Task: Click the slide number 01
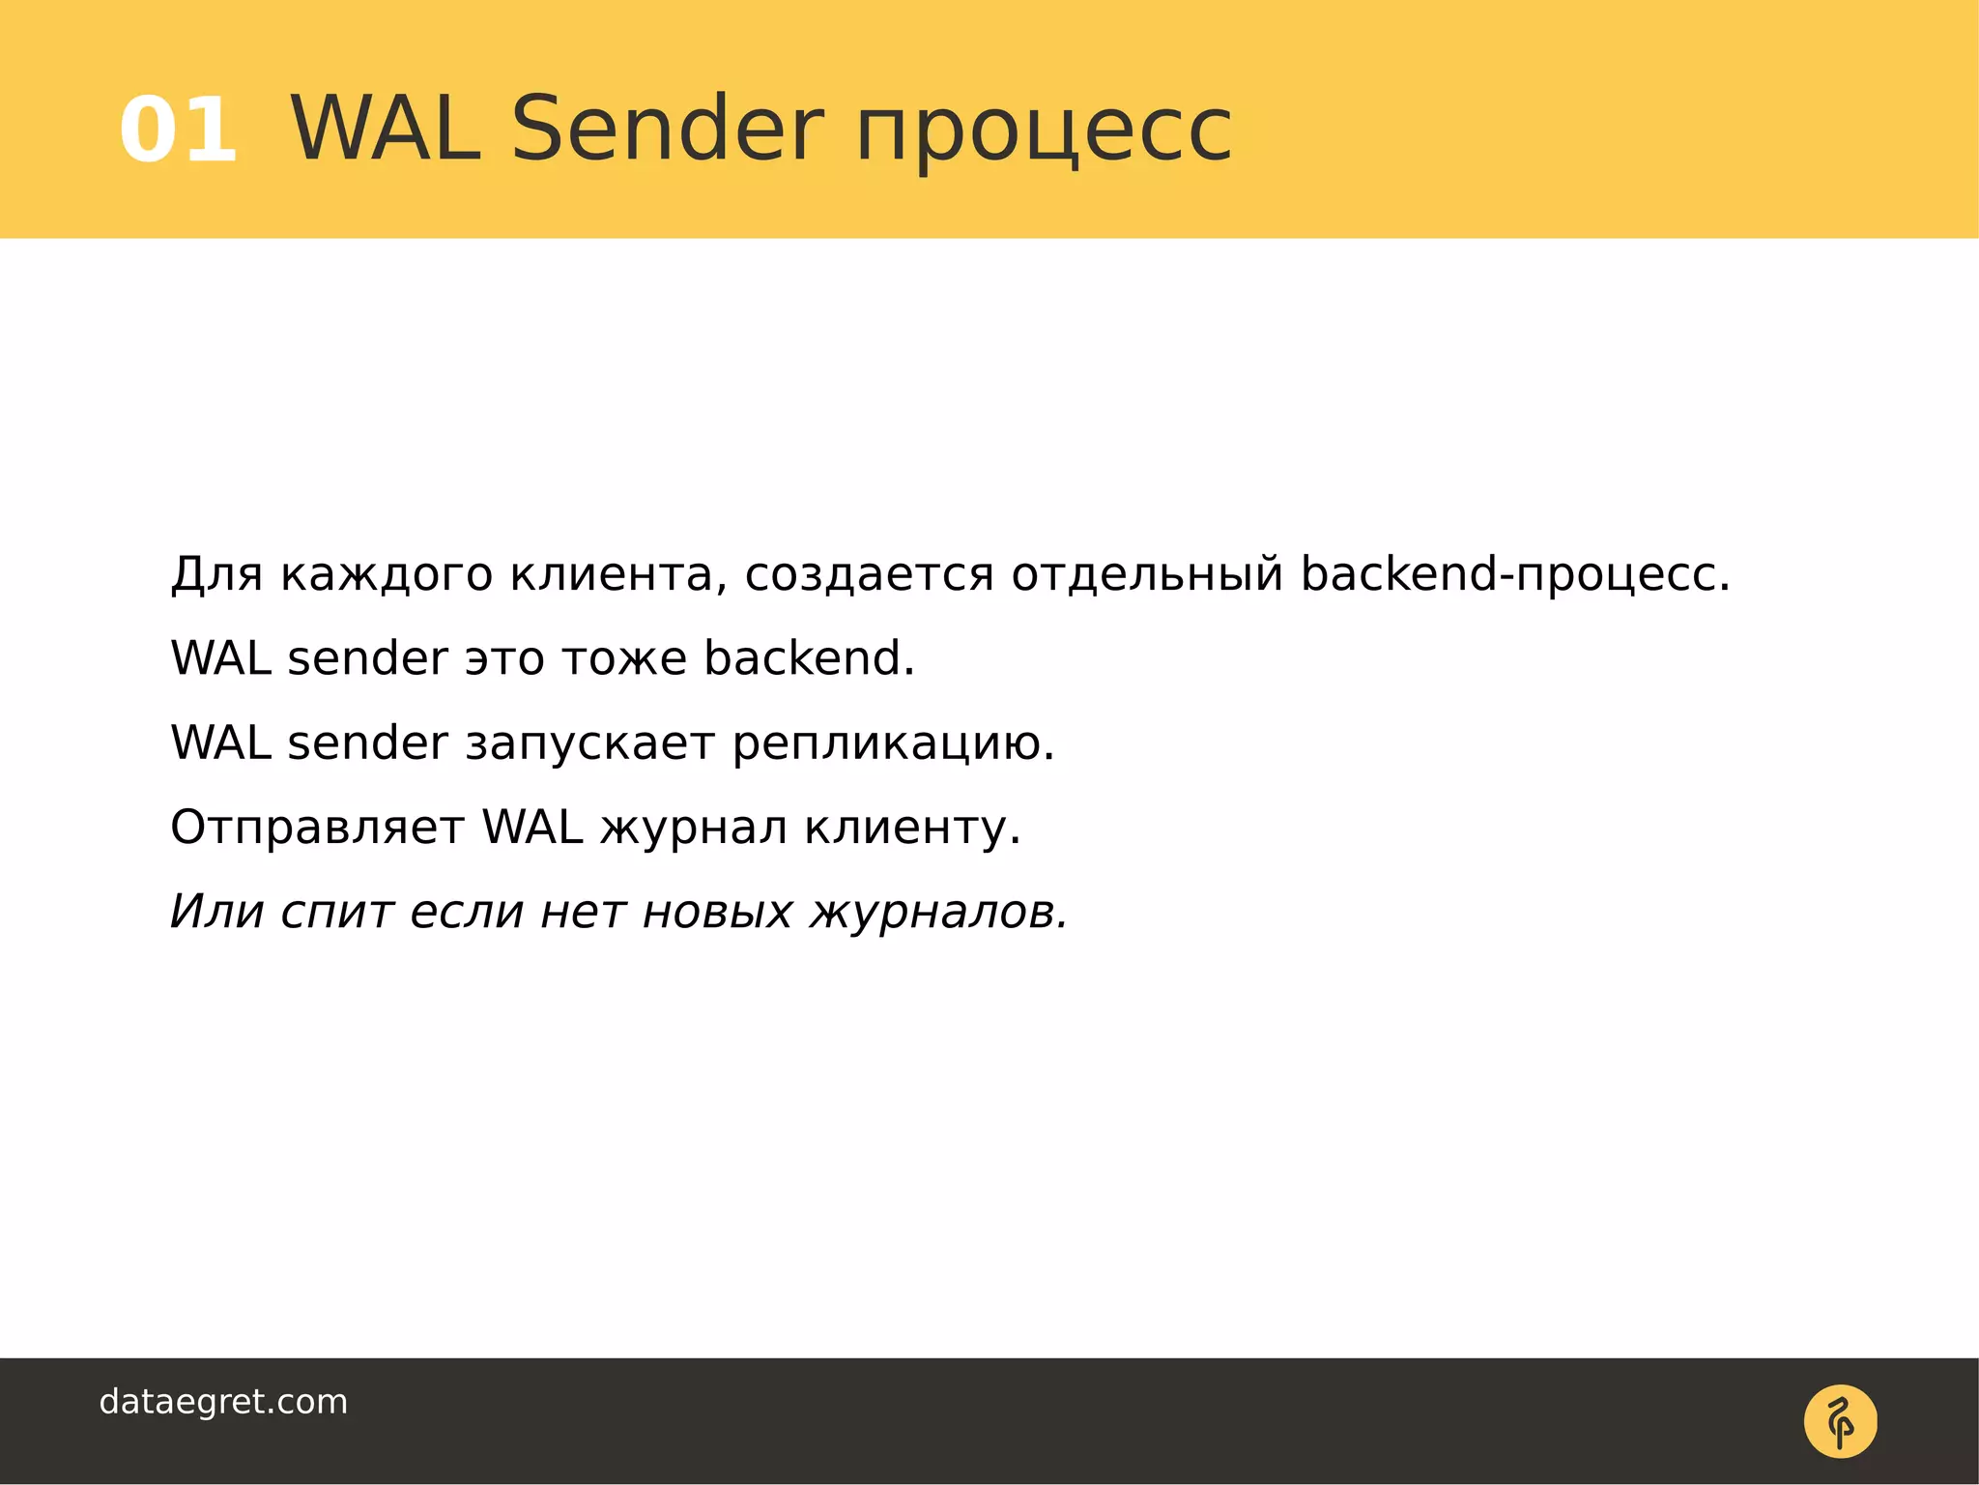(x=179, y=131)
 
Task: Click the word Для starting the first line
(x=216, y=574)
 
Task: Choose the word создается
(x=869, y=574)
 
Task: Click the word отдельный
(x=1147, y=574)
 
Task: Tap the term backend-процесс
(x=1514, y=574)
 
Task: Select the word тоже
(x=624, y=658)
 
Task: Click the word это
(x=504, y=658)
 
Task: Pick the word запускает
(x=590, y=743)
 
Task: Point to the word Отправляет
(x=317, y=829)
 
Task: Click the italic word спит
(x=337, y=913)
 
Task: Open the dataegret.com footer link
(x=223, y=1402)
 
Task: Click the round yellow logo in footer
(x=1840, y=1421)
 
